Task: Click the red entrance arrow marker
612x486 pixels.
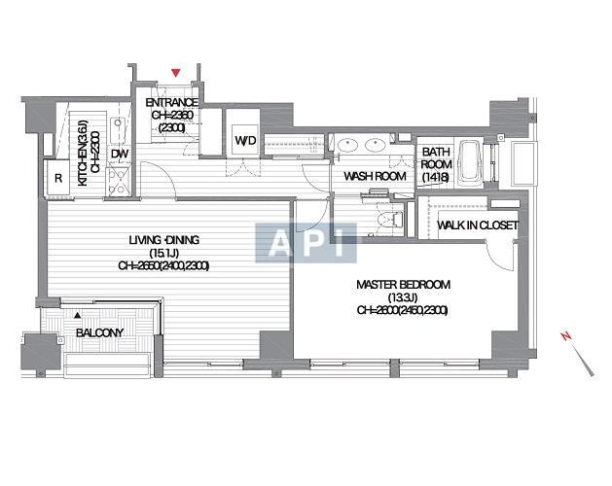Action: pos(176,73)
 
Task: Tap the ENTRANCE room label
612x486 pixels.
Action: pos(172,103)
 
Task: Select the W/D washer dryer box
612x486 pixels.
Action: pos(245,140)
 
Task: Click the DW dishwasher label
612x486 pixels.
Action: pos(120,154)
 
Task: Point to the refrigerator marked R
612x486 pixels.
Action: pos(57,178)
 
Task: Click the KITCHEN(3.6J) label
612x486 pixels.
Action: pos(83,153)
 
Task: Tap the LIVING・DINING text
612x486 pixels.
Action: pos(163,240)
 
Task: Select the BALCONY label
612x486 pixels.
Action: pos(99,332)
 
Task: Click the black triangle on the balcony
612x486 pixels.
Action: pos(78,314)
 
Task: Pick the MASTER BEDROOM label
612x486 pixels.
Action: pos(403,285)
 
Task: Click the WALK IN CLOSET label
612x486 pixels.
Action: pos(478,226)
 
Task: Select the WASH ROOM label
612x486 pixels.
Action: pos(375,176)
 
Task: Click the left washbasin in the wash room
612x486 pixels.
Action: pos(346,145)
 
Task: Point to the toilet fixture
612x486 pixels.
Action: pos(390,220)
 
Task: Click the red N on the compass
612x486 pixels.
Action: pos(566,336)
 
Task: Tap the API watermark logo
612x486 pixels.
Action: pos(306,243)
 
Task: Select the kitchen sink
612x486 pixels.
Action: pos(118,130)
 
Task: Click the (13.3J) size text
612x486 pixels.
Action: pos(403,298)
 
